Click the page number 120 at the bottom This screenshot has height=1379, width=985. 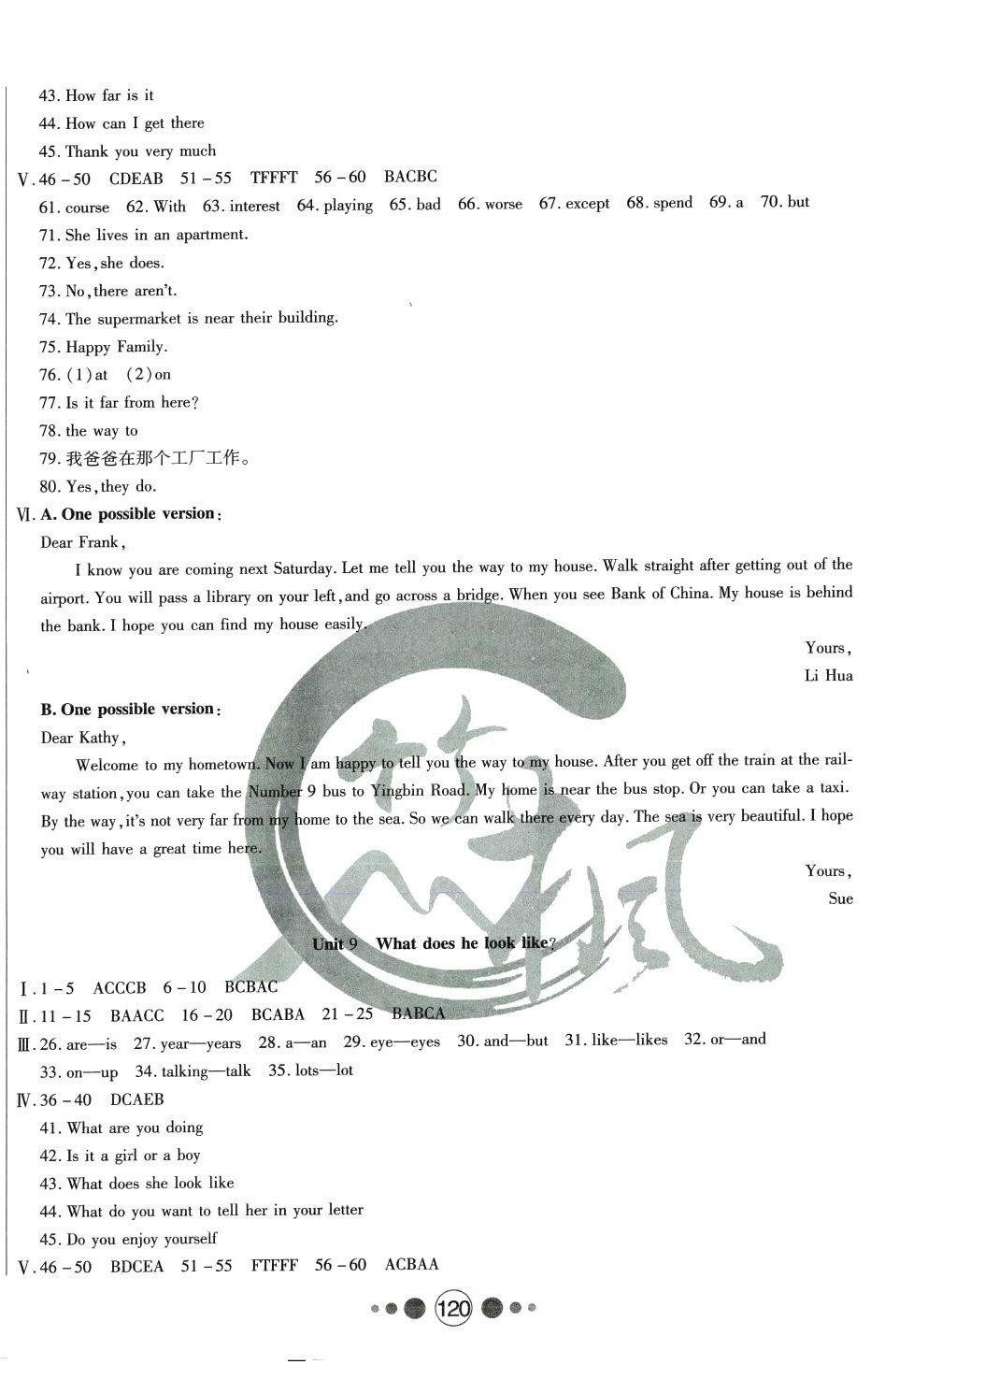pos(453,1309)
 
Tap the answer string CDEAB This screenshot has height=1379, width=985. pos(136,179)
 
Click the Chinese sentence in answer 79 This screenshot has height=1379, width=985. pos(159,459)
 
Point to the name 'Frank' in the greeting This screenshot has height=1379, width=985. pos(98,542)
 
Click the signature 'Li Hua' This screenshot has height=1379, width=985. pos(828,675)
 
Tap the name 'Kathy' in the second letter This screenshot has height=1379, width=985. pos(99,738)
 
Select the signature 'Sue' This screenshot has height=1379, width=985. pos(840,898)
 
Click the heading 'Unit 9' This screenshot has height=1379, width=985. pos(335,943)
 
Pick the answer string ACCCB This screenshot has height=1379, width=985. pos(120,987)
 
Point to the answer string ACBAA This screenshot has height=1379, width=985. pos(411,1265)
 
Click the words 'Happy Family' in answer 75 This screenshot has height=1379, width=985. pos(115,347)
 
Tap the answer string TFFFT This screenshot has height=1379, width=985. pos(274,178)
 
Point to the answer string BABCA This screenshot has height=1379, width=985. pos(418,1013)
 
